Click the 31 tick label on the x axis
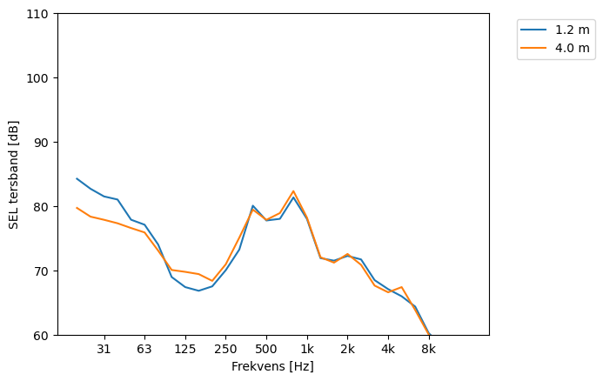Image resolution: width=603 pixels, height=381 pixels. click(x=104, y=349)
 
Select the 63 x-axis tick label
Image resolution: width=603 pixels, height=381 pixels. click(x=144, y=349)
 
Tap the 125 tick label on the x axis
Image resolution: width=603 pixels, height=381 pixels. click(x=184, y=349)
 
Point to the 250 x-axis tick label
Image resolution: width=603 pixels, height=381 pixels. click(x=225, y=349)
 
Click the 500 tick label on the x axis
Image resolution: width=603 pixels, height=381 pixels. click(x=266, y=349)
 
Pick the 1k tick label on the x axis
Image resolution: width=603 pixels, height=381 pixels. click(x=306, y=349)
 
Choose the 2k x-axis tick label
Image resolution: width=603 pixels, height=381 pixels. click(x=347, y=349)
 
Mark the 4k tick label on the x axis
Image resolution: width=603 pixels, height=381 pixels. click(x=388, y=349)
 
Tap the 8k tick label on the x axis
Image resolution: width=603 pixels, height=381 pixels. click(x=428, y=349)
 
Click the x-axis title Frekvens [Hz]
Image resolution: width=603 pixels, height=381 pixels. click(x=272, y=366)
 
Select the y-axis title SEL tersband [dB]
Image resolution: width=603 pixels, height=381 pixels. click(x=14, y=175)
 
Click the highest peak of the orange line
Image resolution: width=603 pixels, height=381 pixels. click(x=293, y=191)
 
